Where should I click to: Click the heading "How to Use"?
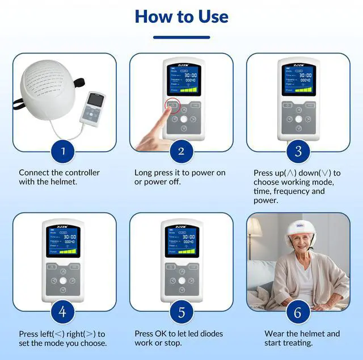[181, 16]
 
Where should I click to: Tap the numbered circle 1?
[64, 151]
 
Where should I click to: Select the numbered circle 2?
[181, 151]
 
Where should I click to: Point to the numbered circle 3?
[298, 151]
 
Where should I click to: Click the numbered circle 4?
[64, 312]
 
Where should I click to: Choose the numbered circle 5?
[181, 312]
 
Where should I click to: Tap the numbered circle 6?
[298, 312]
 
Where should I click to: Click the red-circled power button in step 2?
[173, 104]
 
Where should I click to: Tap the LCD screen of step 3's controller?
[298, 79]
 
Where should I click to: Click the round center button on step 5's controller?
[181, 280]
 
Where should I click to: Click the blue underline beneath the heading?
[181, 37]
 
